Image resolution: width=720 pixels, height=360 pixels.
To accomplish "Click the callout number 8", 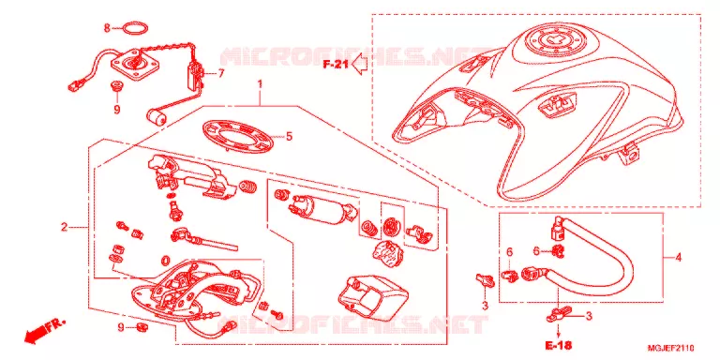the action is click(107, 28).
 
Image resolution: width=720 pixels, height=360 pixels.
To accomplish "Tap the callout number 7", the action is click(221, 73).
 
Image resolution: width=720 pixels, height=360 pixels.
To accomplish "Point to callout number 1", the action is click(260, 84).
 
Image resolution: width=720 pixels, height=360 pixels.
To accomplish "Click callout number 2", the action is click(65, 227).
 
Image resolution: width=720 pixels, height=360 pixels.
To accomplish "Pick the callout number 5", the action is click(289, 136).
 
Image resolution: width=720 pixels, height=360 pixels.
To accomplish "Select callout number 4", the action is click(678, 258).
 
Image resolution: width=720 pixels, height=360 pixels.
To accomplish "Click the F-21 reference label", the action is click(336, 65).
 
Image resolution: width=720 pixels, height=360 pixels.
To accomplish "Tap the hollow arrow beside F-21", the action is click(360, 65).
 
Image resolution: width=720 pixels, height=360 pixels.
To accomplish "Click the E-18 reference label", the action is click(558, 344).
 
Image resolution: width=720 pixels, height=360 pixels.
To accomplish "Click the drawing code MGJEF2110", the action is click(671, 348).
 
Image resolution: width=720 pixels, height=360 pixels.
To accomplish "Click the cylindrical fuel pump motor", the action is click(321, 210).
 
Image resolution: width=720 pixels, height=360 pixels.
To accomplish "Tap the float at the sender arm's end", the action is click(157, 118).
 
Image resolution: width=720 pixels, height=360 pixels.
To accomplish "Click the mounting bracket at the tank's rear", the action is click(629, 153).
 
